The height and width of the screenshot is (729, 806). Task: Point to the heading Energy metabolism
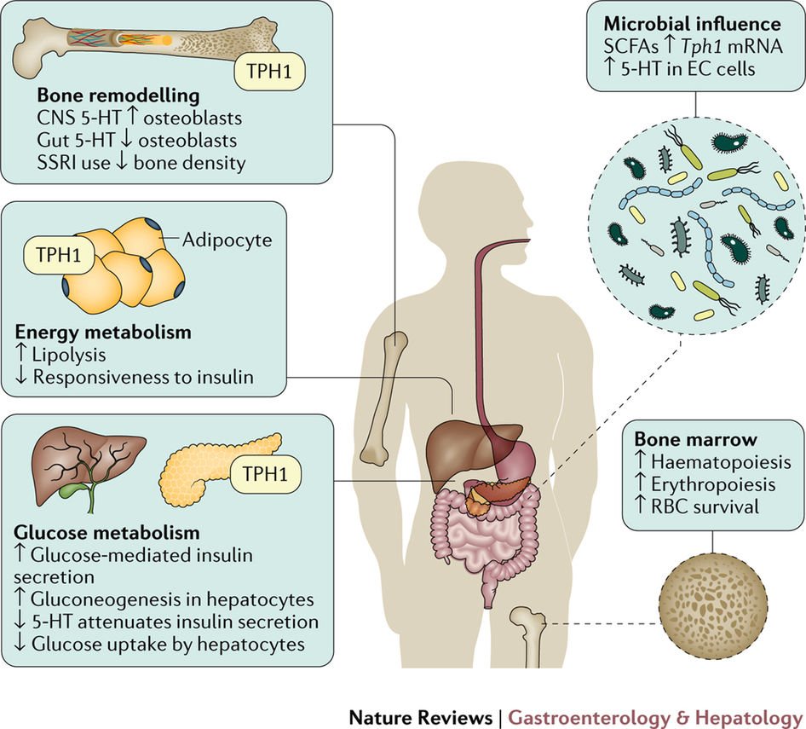pyautogui.click(x=102, y=330)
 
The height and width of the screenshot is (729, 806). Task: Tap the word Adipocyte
pyautogui.click(x=227, y=240)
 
